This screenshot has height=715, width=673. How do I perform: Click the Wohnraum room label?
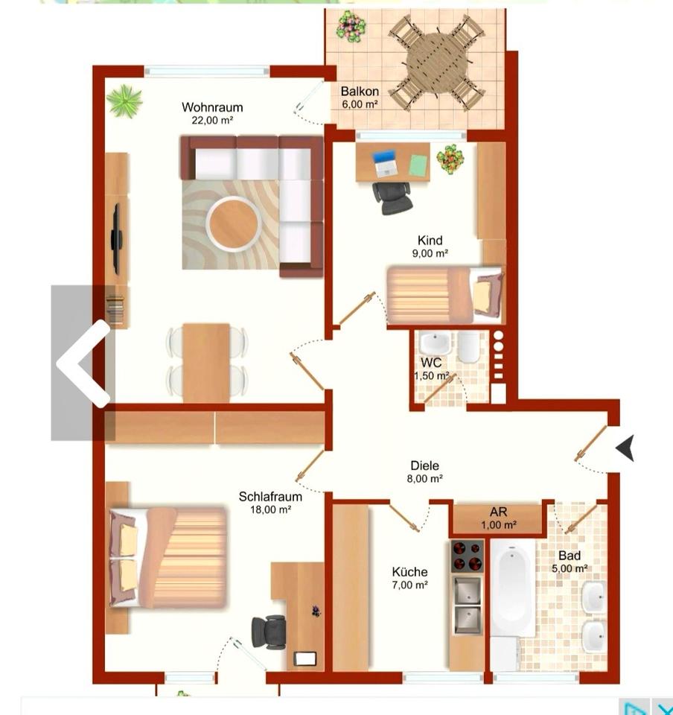(x=212, y=107)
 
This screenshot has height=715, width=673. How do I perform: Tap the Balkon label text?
(x=360, y=91)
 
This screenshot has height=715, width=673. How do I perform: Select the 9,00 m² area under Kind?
(x=430, y=253)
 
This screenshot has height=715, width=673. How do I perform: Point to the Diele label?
(x=424, y=465)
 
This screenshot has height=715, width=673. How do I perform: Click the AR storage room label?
(x=499, y=512)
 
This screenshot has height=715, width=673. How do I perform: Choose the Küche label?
(x=409, y=572)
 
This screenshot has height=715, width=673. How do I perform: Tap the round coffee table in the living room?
(x=234, y=224)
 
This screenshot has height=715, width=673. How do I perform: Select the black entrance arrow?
(x=625, y=448)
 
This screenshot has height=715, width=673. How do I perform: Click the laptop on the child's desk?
(x=385, y=164)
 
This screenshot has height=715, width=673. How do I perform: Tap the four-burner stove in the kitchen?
(x=467, y=556)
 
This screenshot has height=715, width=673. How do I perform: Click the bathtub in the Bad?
(x=513, y=588)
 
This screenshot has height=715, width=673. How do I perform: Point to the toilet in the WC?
(x=468, y=347)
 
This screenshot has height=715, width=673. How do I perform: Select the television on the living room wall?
(x=117, y=239)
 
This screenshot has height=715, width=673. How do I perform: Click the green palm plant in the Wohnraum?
(x=124, y=101)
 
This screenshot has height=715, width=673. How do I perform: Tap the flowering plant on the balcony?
(x=351, y=27)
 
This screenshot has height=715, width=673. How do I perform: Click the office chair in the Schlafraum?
(x=269, y=632)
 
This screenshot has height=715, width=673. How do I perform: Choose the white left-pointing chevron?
(x=83, y=363)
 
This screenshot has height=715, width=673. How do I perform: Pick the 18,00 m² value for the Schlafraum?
(x=271, y=509)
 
